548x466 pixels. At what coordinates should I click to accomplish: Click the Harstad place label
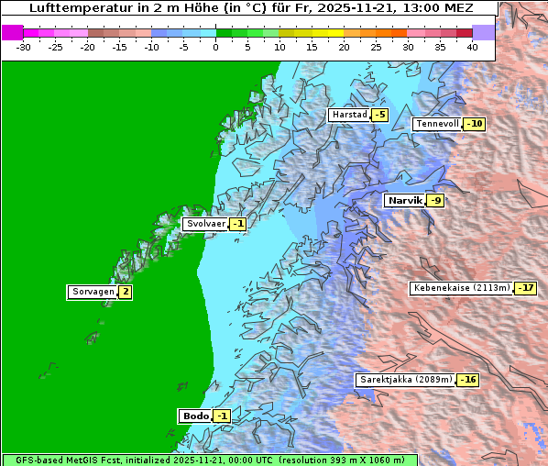[349, 115]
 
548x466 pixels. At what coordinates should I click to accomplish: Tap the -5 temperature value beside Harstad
[379, 115]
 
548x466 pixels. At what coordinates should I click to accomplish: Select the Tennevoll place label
[436, 124]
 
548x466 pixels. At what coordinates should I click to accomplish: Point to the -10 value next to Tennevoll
[474, 124]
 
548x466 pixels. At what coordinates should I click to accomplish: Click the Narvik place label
[404, 200]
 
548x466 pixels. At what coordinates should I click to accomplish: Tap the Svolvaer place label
[205, 224]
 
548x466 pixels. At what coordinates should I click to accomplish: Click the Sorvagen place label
[93, 293]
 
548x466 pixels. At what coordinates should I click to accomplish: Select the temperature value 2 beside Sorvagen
[125, 293]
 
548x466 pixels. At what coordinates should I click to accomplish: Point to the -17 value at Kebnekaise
[525, 288]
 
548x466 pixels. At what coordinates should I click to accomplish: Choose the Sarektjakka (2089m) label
[405, 380]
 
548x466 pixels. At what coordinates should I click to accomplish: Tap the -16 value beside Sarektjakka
[467, 380]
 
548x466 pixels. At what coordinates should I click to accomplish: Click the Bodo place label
[196, 416]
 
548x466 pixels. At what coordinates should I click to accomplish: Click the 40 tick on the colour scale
[472, 46]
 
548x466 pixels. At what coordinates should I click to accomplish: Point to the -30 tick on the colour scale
[24, 46]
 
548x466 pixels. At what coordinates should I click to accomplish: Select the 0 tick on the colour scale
[215, 46]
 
